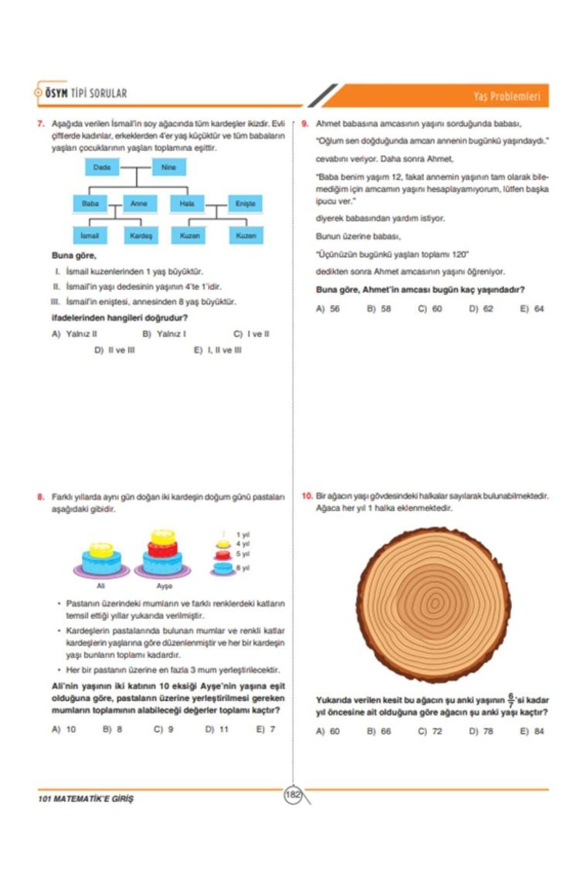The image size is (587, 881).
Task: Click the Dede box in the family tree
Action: click(102, 168)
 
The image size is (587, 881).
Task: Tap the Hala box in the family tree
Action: click(186, 203)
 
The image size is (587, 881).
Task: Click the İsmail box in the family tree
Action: click(90, 234)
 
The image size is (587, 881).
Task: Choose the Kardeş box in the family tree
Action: click(141, 234)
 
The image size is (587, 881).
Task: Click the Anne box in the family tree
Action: click(139, 203)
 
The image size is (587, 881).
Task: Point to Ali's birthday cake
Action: click(101, 560)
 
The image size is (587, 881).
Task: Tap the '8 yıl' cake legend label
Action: click(243, 568)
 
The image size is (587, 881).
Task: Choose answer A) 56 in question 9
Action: click(328, 309)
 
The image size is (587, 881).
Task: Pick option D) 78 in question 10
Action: click(481, 731)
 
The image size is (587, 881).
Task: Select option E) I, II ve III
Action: click(218, 350)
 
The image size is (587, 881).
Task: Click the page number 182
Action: click(293, 795)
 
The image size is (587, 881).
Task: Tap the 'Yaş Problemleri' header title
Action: click(507, 97)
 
